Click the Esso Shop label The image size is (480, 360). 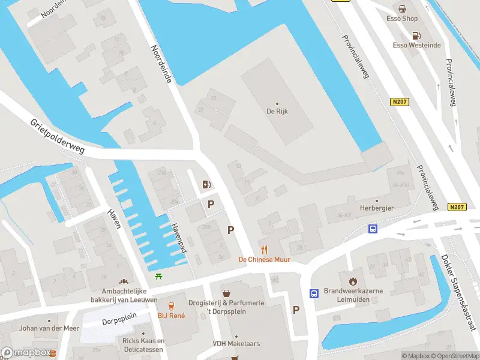[x=402, y=19]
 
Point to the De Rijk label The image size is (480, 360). [x=277, y=111]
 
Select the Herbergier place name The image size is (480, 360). [x=376, y=208]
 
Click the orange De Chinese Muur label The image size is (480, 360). [x=264, y=259]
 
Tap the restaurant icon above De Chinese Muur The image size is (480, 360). [x=263, y=250]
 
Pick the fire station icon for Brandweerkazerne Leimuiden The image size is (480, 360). [x=353, y=280]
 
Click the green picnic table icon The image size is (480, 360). [x=158, y=276]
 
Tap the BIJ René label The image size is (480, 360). [x=171, y=316]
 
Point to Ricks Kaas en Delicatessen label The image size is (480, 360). [x=144, y=345]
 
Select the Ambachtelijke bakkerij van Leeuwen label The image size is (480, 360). [x=125, y=295]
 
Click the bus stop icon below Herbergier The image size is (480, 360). [x=373, y=229]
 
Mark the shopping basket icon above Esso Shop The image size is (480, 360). [x=402, y=9]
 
